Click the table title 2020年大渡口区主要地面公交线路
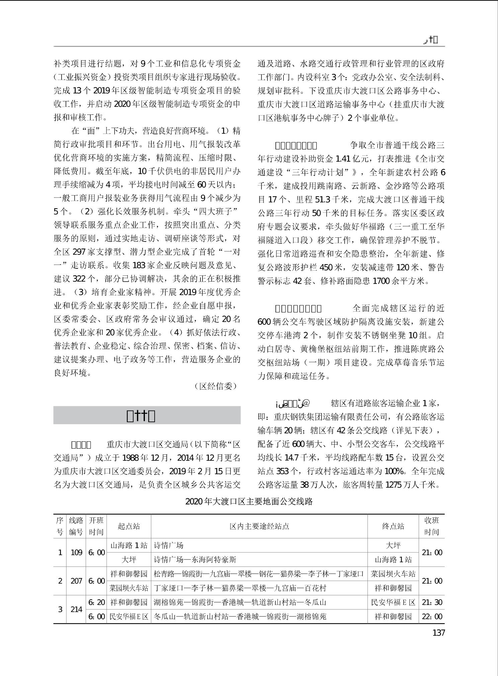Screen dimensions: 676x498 pos(249,501)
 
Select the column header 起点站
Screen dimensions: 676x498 pos(129,526)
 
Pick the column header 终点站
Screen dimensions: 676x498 pos(393,526)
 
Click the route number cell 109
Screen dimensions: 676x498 pos(76,552)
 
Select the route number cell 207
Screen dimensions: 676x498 pos(76,581)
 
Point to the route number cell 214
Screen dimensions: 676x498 pos(76,609)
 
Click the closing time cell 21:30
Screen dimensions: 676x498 pos(432,602)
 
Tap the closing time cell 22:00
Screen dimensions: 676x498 pos(432,616)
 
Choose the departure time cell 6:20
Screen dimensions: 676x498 pos(96,602)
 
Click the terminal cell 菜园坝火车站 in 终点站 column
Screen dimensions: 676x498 pos(393,574)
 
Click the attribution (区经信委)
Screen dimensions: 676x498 pos(216,386)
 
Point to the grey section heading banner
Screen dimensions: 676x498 pos(147,415)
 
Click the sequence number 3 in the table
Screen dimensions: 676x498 pos(60,609)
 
